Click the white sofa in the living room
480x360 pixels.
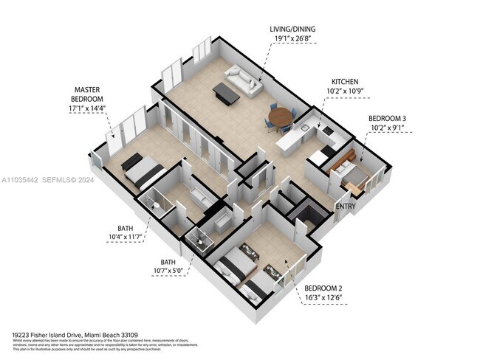244,80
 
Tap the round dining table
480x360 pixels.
280,116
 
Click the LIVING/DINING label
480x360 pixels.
295,30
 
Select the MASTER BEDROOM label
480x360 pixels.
87,94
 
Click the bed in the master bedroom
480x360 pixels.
143,170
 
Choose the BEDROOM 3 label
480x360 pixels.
387,118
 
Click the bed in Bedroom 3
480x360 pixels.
347,174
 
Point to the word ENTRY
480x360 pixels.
346,207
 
